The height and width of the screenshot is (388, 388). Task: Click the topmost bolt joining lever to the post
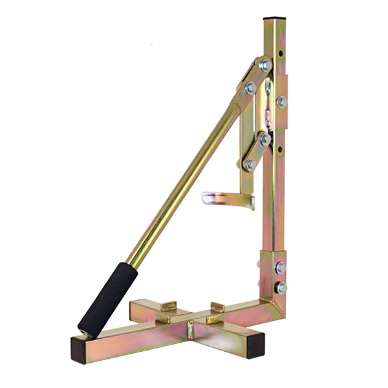click(265, 65)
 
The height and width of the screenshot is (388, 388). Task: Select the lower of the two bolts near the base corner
click(281, 287)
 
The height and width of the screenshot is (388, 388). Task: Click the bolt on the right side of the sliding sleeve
click(281, 102)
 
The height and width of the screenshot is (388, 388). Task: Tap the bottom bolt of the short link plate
click(250, 166)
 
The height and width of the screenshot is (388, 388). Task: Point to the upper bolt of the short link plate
click(265, 139)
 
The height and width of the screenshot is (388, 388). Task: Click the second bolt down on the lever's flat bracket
click(250, 87)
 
